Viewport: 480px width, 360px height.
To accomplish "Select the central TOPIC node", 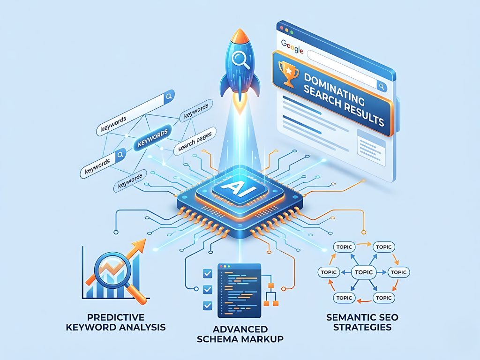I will pyautogui.click(x=364, y=272).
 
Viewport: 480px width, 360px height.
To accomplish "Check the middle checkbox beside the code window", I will pyautogui.click(x=206, y=289).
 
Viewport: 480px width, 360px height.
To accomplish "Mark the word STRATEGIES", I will pyautogui.click(x=362, y=327).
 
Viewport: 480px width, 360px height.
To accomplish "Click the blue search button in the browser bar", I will pyautogui.click(x=382, y=86).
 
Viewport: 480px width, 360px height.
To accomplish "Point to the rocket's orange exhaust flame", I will pyautogui.click(x=240, y=106).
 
